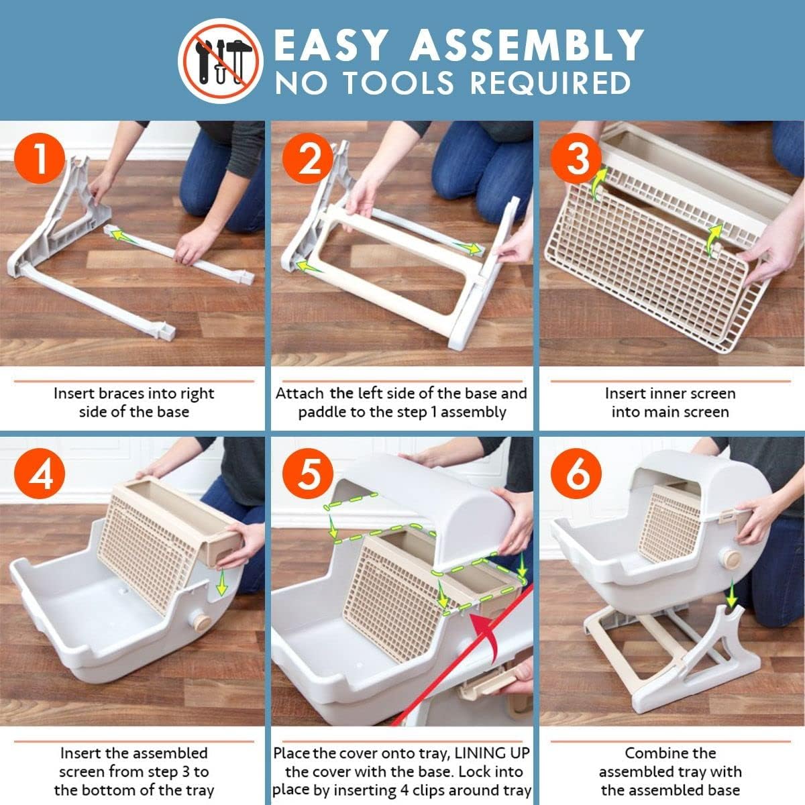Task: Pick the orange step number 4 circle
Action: click(x=40, y=474)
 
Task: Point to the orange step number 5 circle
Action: click(x=308, y=474)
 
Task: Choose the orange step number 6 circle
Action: click(x=576, y=474)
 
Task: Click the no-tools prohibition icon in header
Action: click(x=221, y=61)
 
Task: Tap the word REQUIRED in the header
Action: click(x=550, y=83)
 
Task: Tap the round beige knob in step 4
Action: click(x=202, y=623)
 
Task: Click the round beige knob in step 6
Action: click(x=732, y=559)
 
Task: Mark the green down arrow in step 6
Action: click(x=731, y=594)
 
